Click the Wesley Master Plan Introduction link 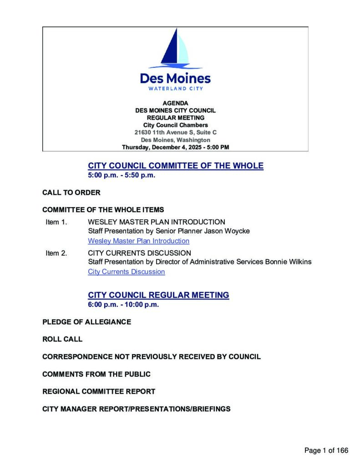tap(138, 241)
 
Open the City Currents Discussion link tap(126, 272)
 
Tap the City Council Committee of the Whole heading tap(175, 166)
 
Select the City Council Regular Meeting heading tap(158, 295)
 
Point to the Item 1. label tap(56, 222)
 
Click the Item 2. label tap(56, 253)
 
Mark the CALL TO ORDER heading tap(71, 192)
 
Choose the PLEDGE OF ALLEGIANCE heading tap(86, 322)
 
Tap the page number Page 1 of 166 tap(326, 451)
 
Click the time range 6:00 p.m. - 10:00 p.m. tap(123, 305)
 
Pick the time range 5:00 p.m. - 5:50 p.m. tap(122, 175)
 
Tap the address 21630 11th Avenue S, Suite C tap(175, 132)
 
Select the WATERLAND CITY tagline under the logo tap(175, 88)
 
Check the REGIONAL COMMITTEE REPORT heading tap(99, 391)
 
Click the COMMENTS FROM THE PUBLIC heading tap(96, 374)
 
